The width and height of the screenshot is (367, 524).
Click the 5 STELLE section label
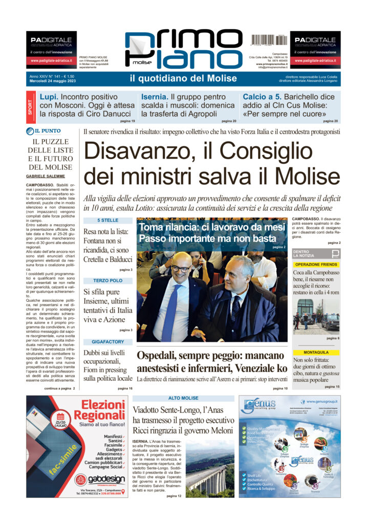coord(107,220)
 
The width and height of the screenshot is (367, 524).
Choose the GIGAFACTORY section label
coord(107,341)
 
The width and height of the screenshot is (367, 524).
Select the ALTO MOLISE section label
coord(183,398)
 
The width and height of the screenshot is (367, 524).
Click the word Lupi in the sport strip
coord(49,96)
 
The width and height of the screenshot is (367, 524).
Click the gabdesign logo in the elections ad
coord(101,480)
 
